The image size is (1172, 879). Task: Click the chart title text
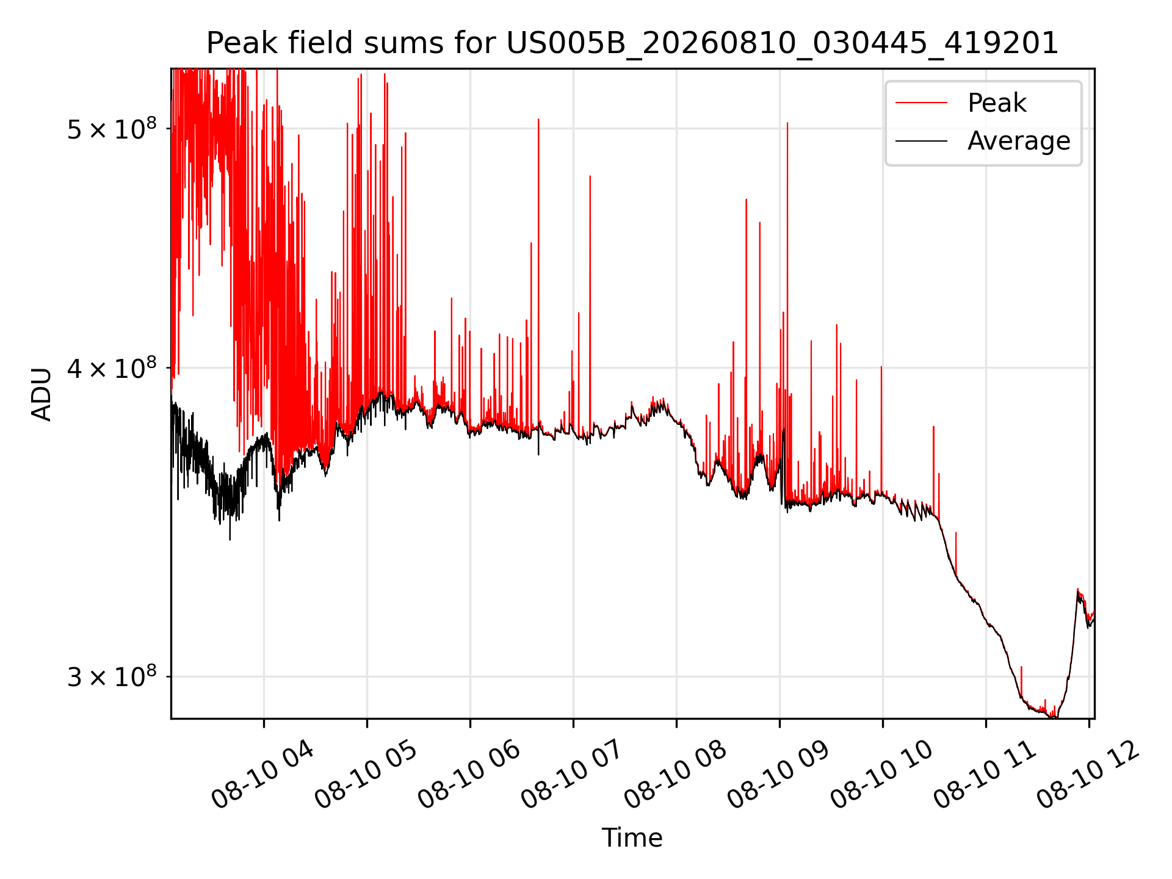(x=632, y=43)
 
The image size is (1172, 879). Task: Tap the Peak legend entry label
(x=997, y=103)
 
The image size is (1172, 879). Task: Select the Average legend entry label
(x=1019, y=141)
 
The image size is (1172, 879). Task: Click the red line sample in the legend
(x=921, y=103)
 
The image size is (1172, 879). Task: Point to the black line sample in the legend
(x=921, y=141)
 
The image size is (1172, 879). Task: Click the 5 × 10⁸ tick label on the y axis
(x=112, y=129)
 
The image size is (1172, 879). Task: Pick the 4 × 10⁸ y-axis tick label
(x=112, y=368)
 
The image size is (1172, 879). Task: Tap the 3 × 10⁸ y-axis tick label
(x=112, y=676)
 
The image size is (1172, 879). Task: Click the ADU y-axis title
(x=42, y=394)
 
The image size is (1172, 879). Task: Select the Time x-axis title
(x=632, y=837)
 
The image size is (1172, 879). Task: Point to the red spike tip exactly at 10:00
(x=881, y=367)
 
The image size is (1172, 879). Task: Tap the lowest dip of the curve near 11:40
(x=1052, y=717)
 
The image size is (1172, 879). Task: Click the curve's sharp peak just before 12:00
(x=1077, y=590)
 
